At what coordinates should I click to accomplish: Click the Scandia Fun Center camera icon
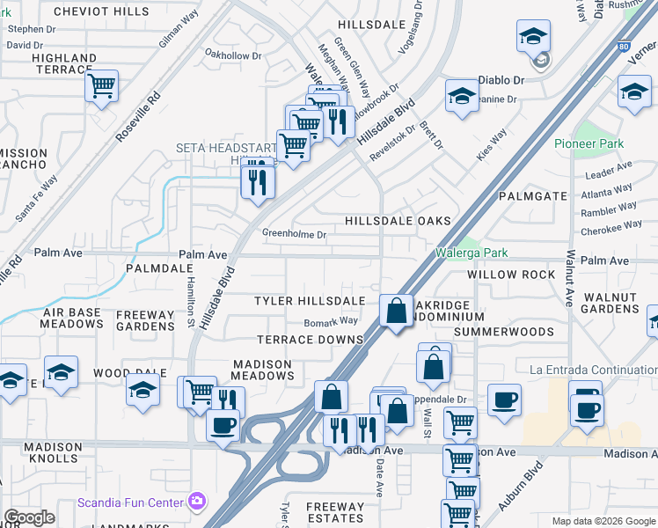[198, 502]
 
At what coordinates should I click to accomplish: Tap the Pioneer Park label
[589, 143]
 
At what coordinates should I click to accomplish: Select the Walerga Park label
[472, 253]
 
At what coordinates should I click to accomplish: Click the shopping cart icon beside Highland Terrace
[102, 87]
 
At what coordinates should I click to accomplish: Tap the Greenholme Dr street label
[294, 234]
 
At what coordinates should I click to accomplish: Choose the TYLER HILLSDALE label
[309, 301]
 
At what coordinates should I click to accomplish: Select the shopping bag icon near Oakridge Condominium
[397, 312]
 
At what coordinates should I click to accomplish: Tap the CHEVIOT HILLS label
[101, 11]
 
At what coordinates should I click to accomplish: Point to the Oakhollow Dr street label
[233, 55]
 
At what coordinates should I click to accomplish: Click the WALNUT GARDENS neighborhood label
[610, 301]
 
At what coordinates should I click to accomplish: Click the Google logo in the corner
[29, 517]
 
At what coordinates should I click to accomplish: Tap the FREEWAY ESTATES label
[335, 513]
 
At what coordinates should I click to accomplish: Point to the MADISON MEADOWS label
[262, 370]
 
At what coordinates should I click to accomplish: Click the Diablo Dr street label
[501, 79]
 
